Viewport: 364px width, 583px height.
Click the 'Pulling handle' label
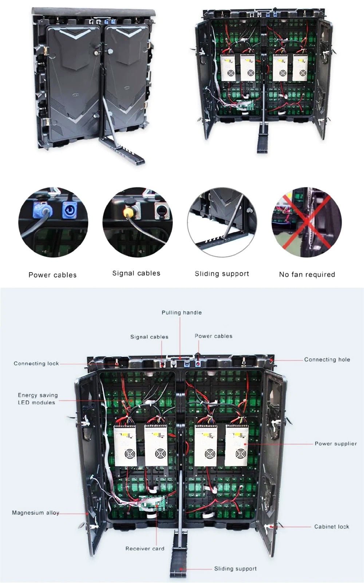181,313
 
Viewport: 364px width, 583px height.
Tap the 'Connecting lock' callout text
36,363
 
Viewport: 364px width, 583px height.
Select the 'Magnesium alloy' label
35,513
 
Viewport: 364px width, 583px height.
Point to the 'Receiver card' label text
145,548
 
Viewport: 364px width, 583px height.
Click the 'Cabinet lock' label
331,527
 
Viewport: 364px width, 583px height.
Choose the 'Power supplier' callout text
335,443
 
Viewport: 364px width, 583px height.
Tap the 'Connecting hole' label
327,360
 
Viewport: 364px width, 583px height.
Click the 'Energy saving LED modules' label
37,399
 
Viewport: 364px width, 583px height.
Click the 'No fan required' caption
306,275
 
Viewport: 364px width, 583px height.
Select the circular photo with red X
306,223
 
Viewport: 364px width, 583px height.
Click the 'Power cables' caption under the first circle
52,275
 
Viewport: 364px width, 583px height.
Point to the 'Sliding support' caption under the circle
222,274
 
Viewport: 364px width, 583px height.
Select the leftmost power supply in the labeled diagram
126,445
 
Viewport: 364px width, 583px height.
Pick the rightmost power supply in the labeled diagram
236,445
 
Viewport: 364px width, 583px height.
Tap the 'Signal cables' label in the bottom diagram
149,337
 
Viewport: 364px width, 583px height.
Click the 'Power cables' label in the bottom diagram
213,336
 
